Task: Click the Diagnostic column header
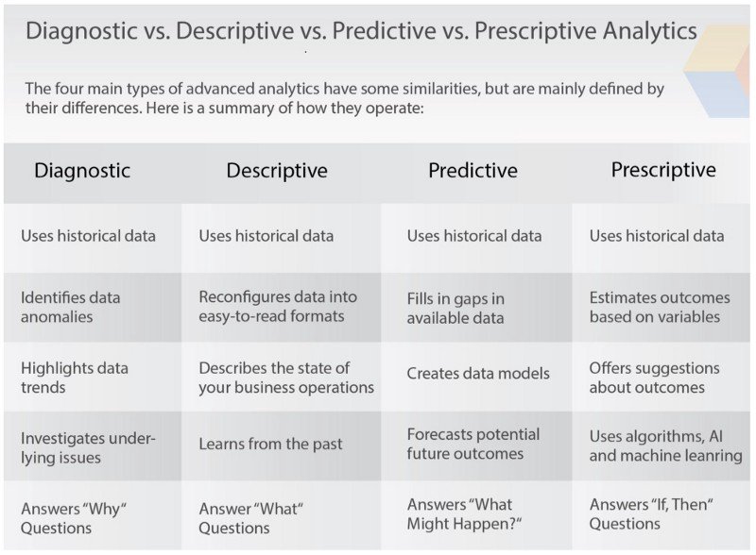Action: coord(82,171)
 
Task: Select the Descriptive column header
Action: coord(277,171)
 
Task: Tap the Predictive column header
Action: coord(472,170)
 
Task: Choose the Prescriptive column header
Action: coord(663,170)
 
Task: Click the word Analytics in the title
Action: coord(649,31)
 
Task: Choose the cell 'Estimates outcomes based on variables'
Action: coord(660,307)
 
